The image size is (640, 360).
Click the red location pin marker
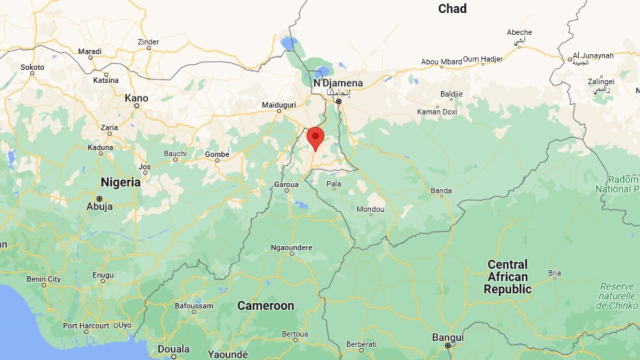(x=315, y=137)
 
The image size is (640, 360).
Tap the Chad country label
(x=452, y=9)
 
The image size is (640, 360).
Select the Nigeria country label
(x=121, y=182)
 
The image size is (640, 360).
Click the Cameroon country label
(x=266, y=306)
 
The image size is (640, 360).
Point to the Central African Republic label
(x=507, y=277)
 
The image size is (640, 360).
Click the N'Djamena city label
(x=338, y=83)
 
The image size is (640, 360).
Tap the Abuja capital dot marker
(x=99, y=198)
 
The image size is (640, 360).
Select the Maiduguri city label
(x=278, y=104)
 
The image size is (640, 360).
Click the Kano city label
(x=136, y=98)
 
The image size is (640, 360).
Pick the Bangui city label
(x=448, y=338)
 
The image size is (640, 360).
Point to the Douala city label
(x=173, y=349)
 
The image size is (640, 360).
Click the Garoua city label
(x=286, y=184)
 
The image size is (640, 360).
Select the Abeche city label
(x=519, y=33)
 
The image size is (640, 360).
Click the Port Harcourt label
(x=86, y=325)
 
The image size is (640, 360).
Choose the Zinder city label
(x=148, y=41)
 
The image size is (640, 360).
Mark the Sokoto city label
(x=33, y=67)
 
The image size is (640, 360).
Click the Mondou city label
(x=370, y=210)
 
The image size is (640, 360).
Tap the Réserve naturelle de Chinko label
(x=617, y=295)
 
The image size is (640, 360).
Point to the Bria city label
(x=554, y=273)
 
